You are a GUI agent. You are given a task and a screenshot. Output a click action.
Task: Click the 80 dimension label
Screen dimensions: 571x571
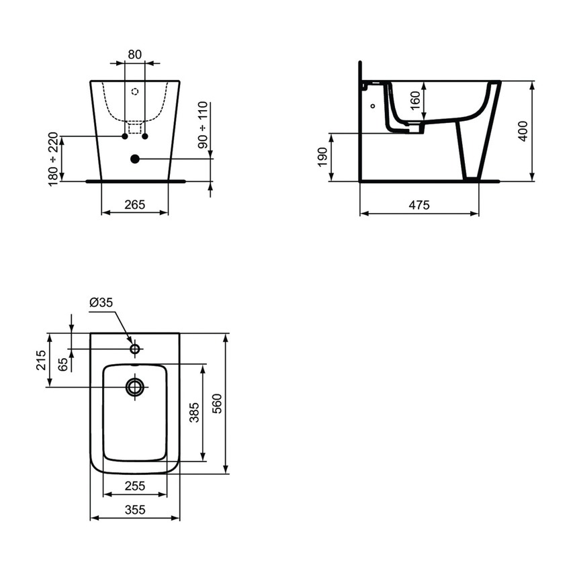(x=134, y=54)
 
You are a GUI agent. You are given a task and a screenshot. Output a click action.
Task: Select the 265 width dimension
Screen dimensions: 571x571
(x=134, y=205)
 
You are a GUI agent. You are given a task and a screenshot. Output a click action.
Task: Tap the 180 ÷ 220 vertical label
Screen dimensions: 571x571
(x=54, y=159)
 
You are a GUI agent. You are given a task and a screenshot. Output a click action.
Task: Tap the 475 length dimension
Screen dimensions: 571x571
(x=419, y=206)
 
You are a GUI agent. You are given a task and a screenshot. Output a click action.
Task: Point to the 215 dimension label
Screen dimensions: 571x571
(x=41, y=360)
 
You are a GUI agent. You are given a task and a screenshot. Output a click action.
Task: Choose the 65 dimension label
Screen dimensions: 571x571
(x=62, y=363)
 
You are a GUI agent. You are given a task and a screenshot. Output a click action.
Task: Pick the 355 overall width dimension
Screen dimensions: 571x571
(x=135, y=510)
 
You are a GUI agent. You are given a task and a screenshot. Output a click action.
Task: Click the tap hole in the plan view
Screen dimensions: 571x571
(x=135, y=349)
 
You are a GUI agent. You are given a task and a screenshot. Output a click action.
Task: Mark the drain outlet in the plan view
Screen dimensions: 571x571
(x=135, y=387)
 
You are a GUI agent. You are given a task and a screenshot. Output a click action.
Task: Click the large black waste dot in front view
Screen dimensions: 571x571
(x=134, y=159)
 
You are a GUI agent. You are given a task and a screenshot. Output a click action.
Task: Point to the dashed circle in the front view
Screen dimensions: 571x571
(x=134, y=92)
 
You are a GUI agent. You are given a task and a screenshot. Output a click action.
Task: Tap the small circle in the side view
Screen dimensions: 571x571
(x=372, y=105)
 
